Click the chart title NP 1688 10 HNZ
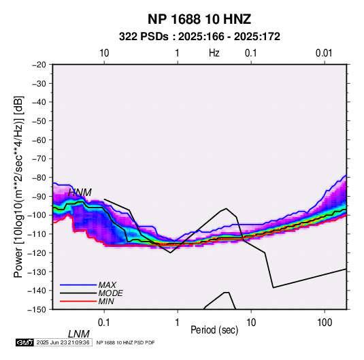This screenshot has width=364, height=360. (x=199, y=19)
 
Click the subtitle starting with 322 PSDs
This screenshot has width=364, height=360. (x=199, y=37)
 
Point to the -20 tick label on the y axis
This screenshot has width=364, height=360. (x=39, y=65)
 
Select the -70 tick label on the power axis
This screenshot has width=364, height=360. (x=39, y=159)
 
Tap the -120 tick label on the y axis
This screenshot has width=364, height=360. (x=37, y=252)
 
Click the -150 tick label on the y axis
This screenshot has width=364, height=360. (x=37, y=310)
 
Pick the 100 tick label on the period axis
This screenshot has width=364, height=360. (x=324, y=322)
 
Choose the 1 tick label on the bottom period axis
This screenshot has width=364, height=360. (x=178, y=322)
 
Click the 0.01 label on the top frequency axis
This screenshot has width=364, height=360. (x=324, y=53)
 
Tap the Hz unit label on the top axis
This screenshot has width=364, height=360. (x=214, y=53)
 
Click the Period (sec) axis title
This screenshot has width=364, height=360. (x=214, y=330)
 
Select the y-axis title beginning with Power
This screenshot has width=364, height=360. (x=18, y=186)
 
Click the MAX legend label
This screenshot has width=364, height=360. (x=107, y=284)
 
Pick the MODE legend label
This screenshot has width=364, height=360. (x=110, y=293)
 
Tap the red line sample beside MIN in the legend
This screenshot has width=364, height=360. (x=78, y=301)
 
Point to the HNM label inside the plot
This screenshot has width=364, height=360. (x=80, y=193)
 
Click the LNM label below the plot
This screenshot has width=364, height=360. (x=78, y=334)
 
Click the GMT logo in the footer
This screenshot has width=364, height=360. (x=24, y=342)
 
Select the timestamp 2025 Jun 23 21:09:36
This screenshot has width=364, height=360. (x=63, y=342)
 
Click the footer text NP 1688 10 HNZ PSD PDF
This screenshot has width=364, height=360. (x=125, y=342)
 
